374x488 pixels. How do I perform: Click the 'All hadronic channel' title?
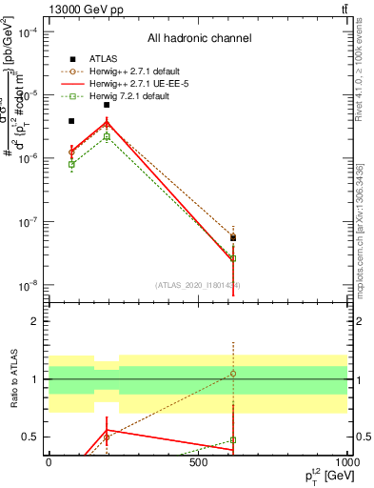pos(199,39)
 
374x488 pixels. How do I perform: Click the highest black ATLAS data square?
pos(107,105)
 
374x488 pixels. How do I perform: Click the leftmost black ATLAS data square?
pos(71,121)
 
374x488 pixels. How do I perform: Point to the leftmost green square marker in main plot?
pos(71,164)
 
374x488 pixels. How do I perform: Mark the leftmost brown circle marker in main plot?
pos(71,152)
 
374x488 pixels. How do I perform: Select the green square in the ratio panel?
pos(233,440)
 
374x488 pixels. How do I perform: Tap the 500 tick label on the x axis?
pos(198,462)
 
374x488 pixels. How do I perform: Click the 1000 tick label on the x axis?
pos(345,462)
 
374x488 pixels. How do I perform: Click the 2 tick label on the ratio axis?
pos(35,321)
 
